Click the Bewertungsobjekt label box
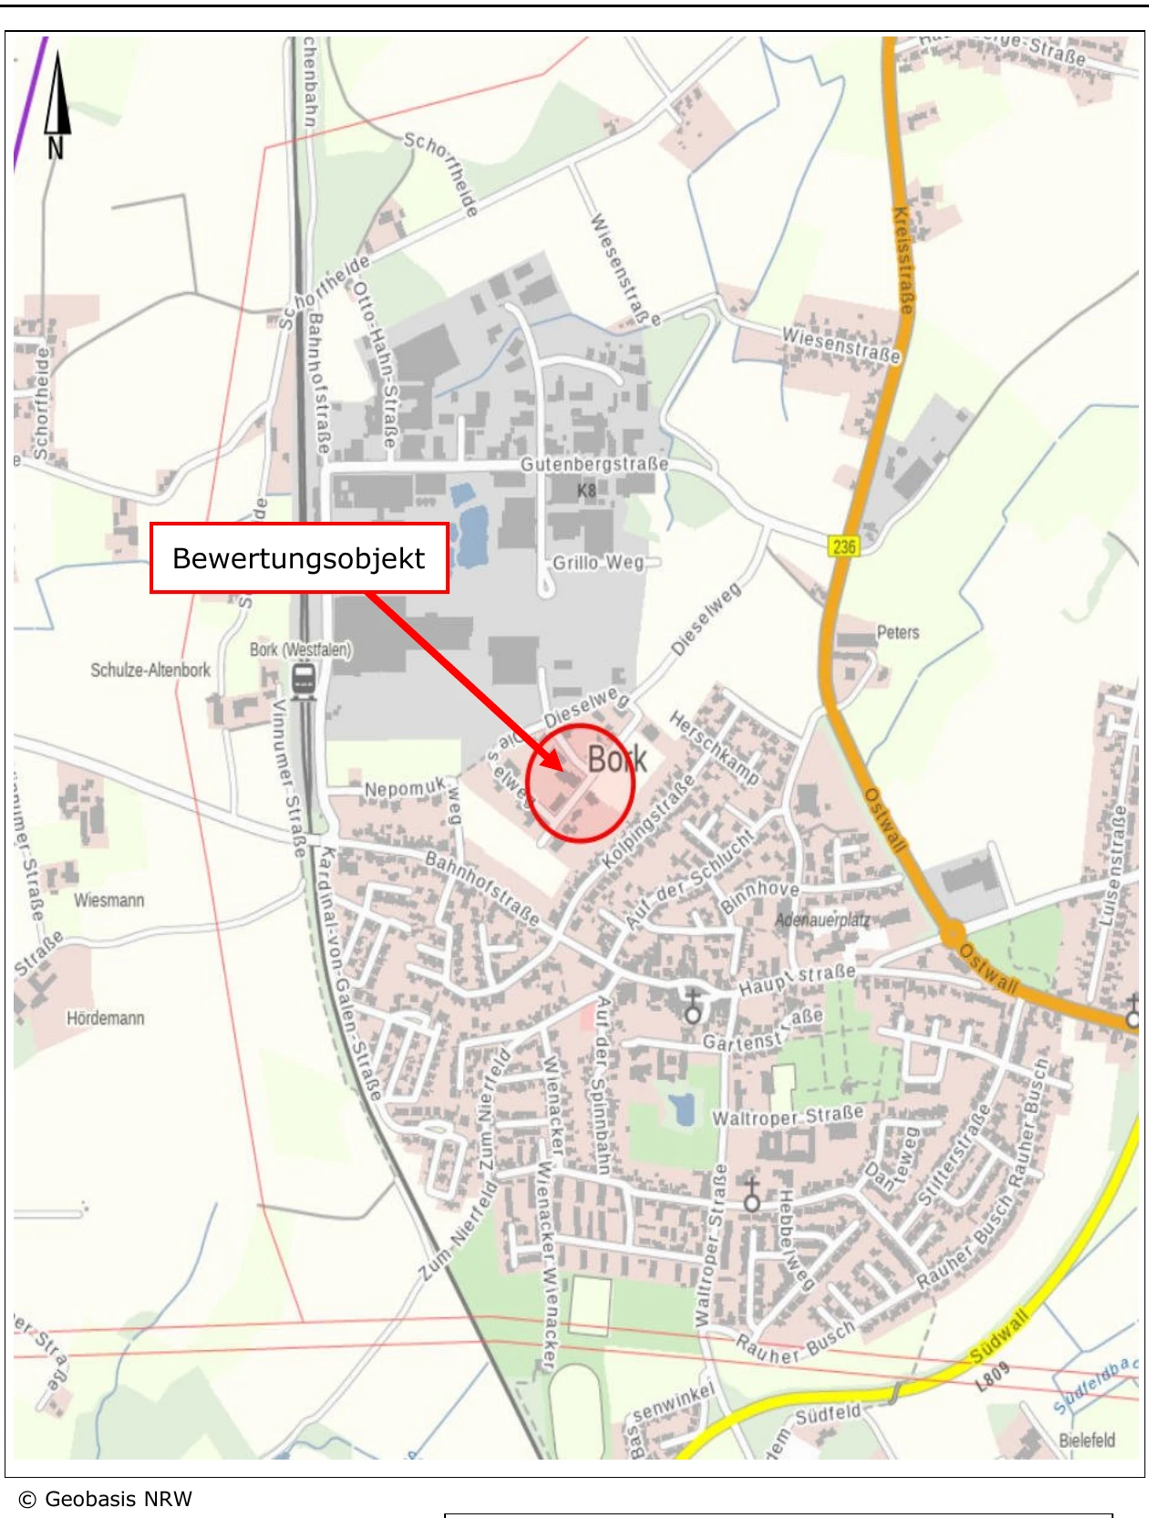pos(299,558)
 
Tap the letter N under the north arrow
pos(56,148)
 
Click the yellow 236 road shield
pos(844,546)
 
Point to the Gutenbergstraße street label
pos(594,464)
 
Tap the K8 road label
pos(586,491)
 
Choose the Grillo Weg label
pos(598,563)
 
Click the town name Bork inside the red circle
pos(616,759)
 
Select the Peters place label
pos(897,632)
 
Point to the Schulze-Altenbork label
pos(150,671)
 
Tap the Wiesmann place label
pos(109,900)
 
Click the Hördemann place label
pos(106,1018)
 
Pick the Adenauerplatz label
pos(823,920)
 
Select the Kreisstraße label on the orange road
pos(903,260)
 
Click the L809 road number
pos(993,1378)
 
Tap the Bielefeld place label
pos(1087,1440)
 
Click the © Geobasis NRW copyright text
pos(106,1500)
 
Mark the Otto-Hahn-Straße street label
pos(377,365)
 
